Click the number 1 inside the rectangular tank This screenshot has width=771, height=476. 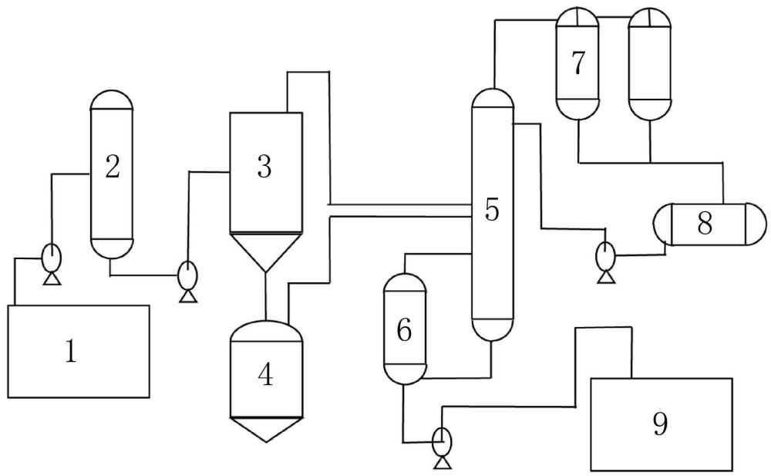[70, 352]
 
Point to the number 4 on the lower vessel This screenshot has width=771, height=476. [265, 375]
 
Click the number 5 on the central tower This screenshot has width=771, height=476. [492, 209]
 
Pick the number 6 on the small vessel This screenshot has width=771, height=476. [404, 329]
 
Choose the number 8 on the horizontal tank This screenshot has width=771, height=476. [703, 223]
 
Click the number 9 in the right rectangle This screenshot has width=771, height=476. [660, 424]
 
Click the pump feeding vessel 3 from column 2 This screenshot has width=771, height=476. [187, 275]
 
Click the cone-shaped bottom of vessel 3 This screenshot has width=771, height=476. [264, 252]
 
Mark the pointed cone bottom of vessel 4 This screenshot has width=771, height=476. [264, 430]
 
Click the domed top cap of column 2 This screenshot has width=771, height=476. [113, 100]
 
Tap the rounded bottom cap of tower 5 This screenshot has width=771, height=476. [492, 330]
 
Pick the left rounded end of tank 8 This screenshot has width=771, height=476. [662, 224]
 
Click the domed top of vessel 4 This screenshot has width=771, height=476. [264, 329]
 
